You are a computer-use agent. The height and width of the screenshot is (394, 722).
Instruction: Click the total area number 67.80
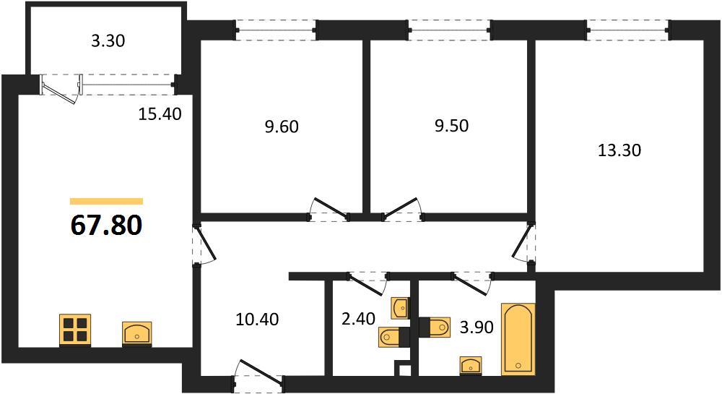106,226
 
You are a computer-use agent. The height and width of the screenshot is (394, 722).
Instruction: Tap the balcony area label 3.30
108,41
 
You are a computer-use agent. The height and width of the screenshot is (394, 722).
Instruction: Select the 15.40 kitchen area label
160,114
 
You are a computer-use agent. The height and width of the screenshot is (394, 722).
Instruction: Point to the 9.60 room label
282,127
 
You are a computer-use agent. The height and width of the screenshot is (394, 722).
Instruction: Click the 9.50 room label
452,125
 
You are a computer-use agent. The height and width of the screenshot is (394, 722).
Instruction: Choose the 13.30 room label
619,150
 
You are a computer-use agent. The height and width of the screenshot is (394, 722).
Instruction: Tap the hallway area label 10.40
257,319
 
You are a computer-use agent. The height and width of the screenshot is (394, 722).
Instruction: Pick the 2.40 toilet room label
358,318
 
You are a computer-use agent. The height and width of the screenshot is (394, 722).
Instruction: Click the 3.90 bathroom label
477,327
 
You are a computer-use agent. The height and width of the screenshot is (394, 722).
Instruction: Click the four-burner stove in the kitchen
75,330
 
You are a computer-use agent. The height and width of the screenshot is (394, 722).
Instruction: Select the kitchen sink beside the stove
136,333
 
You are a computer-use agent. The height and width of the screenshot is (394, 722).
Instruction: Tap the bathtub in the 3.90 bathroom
518,339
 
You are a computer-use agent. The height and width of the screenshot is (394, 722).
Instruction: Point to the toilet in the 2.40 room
391,337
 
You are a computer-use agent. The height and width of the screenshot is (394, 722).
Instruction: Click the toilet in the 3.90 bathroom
435,327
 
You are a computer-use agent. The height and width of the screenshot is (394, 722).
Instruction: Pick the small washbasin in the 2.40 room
399,308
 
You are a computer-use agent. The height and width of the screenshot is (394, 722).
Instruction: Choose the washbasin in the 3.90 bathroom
471,365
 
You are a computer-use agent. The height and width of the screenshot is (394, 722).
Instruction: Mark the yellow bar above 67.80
106,201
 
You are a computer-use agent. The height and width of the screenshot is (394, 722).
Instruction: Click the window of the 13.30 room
628,30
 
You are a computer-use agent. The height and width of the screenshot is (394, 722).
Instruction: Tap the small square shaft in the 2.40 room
405,370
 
